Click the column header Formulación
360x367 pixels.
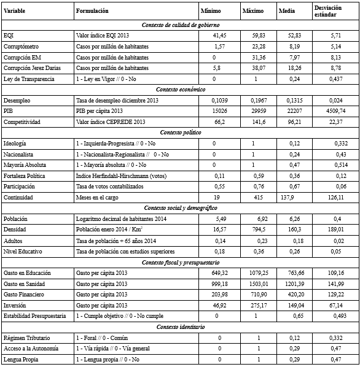[92, 12]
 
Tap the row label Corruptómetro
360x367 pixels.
[21, 47]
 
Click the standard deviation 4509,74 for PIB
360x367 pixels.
[329, 110]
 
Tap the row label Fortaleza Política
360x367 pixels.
[25, 175]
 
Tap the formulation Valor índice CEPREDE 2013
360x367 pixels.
[110, 122]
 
